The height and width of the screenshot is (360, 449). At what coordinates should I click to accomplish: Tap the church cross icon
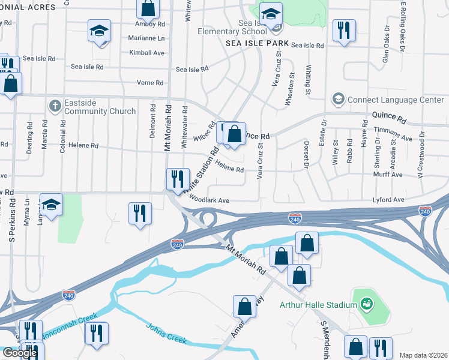click(x=55, y=106)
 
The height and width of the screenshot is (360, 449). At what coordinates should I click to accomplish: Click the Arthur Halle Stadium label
click(x=318, y=305)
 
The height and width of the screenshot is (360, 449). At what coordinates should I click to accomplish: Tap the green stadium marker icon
click(x=366, y=304)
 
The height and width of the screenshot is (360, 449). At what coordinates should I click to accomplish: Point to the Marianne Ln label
click(x=146, y=38)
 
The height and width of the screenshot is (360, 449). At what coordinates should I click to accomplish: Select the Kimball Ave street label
click(x=146, y=53)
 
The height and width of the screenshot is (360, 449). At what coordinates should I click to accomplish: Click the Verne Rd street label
click(x=151, y=83)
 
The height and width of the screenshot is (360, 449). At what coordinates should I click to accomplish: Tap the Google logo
click(x=20, y=353)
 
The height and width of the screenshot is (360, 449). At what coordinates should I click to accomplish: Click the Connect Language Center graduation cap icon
click(x=338, y=98)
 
